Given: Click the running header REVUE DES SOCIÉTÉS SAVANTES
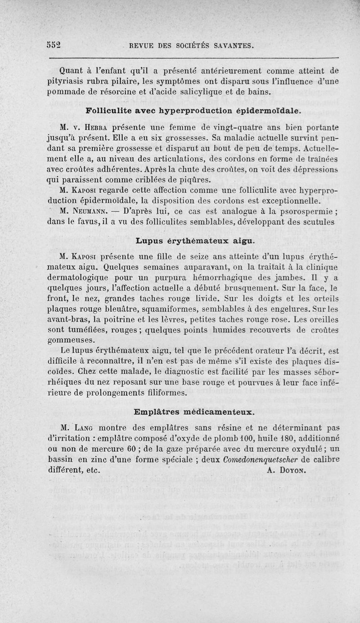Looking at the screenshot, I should pyautogui.click(x=192, y=45).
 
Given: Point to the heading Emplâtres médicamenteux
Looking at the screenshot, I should pyautogui.click(x=194, y=412).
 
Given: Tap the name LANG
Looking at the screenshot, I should pyautogui.click(x=87, y=427).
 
